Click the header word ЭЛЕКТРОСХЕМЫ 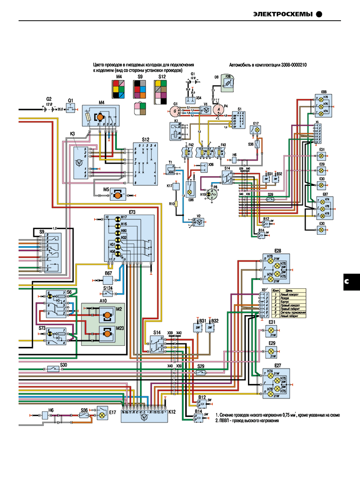click(x=283, y=14)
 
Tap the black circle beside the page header click(x=319, y=14)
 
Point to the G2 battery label click(x=49, y=98)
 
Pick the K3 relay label click(x=73, y=134)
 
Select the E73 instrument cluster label click(x=132, y=212)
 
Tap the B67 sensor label click(x=109, y=273)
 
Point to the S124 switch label click(x=108, y=288)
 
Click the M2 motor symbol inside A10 click(x=107, y=315)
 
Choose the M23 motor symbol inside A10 click(x=107, y=335)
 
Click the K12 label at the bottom click(x=172, y=412)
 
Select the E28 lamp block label click(x=278, y=251)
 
